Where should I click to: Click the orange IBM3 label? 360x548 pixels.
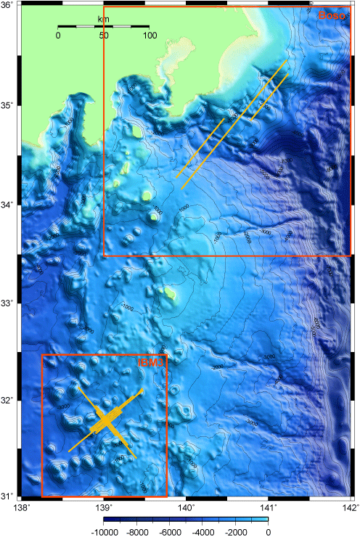coord(152,362)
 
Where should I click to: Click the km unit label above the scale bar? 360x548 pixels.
coord(103,19)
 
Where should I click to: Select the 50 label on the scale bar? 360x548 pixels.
coord(104,36)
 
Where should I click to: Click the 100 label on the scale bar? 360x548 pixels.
coord(150,36)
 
